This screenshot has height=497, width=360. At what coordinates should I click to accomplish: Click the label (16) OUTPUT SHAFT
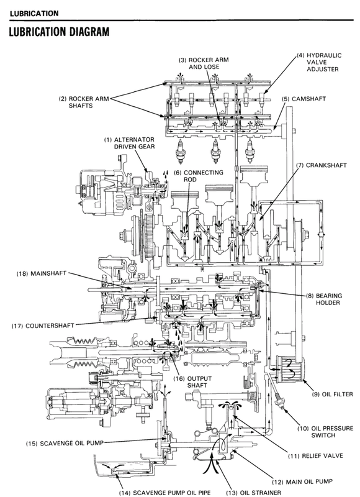[x=188, y=381]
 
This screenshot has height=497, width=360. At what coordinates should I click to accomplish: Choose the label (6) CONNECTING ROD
[x=191, y=176]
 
